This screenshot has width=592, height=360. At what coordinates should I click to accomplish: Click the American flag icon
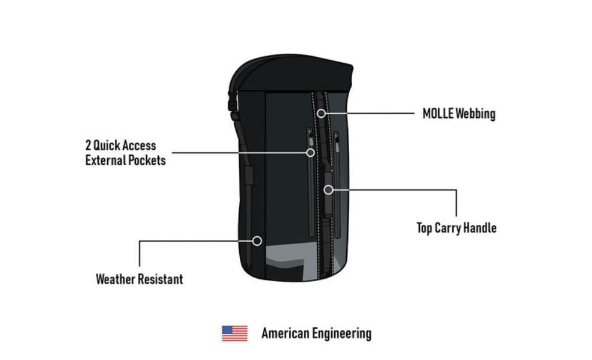pos(234,333)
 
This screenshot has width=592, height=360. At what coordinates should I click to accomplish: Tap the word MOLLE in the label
pos(437,114)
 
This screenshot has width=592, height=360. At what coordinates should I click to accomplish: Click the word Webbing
pos(475,114)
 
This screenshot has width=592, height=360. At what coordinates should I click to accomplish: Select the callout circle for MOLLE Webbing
pos(321,113)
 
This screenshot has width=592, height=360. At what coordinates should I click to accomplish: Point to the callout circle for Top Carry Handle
pos(328,190)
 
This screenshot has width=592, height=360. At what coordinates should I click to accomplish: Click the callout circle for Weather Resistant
pos(257,240)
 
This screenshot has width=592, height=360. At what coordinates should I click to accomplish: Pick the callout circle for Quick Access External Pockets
pos(310,152)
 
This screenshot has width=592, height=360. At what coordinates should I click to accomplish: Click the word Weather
pos(115,279)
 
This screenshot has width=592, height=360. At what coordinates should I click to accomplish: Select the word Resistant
pos(160,279)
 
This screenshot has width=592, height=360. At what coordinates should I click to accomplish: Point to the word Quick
pos(106,145)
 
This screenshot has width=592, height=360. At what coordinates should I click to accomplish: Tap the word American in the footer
pos(285,333)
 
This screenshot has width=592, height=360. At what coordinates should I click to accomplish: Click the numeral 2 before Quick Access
pos(89,145)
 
